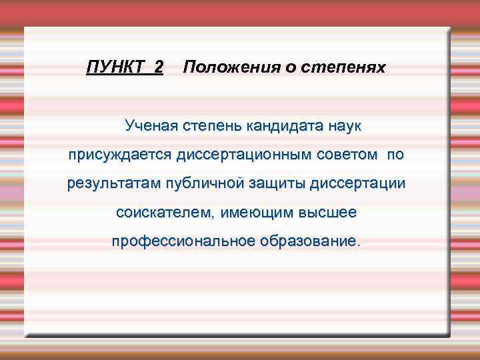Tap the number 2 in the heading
click(x=158, y=67)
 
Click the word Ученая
click(x=149, y=125)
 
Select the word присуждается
click(x=119, y=155)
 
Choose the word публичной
click(x=201, y=184)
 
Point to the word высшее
click(x=330, y=213)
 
